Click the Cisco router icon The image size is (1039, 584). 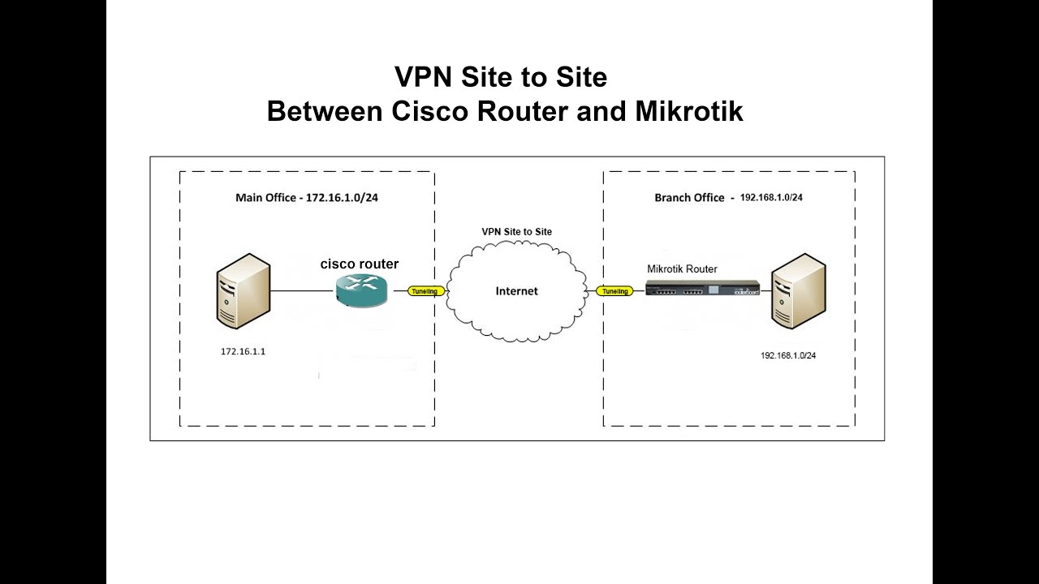click(360, 290)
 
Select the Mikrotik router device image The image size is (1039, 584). click(702, 288)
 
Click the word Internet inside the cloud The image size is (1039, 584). click(516, 291)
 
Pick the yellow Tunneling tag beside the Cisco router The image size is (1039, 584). click(425, 291)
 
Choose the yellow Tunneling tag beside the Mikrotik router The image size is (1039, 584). click(614, 291)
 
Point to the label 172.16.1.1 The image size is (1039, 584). click(243, 352)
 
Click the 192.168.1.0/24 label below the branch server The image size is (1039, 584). click(788, 355)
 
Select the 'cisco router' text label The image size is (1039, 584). click(360, 264)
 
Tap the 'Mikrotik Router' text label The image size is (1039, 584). click(682, 268)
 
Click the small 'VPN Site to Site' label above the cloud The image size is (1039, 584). click(516, 232)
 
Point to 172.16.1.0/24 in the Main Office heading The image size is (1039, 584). click(342, 197)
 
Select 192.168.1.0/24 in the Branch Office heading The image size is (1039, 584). click(771, 197)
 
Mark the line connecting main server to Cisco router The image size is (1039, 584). click(300, 290)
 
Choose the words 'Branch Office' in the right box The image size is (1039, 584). click(689, 198)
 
